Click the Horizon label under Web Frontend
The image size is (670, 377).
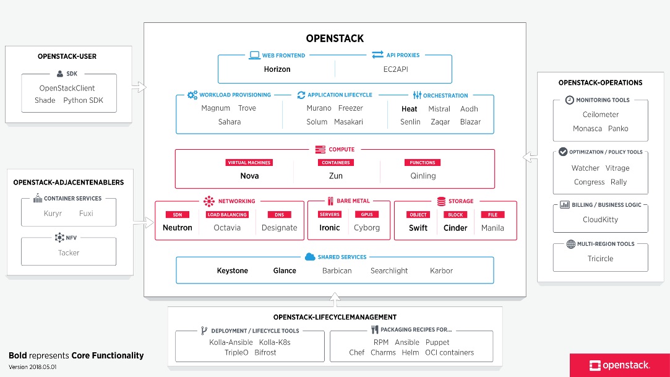click(x=277, y=69)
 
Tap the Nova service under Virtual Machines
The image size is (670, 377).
click(x=249, y=176)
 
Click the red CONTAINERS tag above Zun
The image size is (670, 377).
click(x=335, y=163)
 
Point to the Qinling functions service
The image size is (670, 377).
click(x=423, y=176)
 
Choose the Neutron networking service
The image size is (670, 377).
click(x=178, y=228)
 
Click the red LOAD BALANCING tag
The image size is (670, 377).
click(x=227, y=215)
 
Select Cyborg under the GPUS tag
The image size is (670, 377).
click(x=367, y=228)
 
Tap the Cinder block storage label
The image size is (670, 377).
click(x=455, y=228)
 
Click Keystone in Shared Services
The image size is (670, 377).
click(x=232, y=271)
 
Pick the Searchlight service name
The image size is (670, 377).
click(x=389, y=271)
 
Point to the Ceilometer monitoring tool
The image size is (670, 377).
click(x=600, y=115)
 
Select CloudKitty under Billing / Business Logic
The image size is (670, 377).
click(x=600, y=220)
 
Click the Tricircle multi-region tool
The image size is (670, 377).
click(x=600, y=259)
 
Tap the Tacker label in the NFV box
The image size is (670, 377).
click(x=69, y=253)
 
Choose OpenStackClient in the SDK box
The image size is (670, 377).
click(x=67, y=89)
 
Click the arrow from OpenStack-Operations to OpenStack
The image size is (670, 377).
click(x=530, y=157)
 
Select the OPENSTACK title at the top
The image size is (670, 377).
click(x=335, y=38)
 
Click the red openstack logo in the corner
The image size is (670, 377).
click(x=619, y=365)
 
